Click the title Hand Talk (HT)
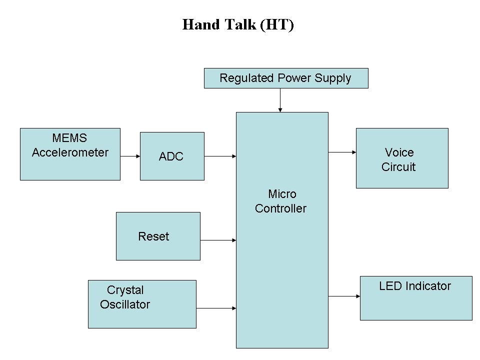238,25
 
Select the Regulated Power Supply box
286,78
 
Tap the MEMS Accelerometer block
70,154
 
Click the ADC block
172,156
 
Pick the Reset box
158,236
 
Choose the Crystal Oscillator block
142,304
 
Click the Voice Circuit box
402,158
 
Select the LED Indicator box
416,298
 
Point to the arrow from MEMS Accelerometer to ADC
130,156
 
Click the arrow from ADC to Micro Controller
220,156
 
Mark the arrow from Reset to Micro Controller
218,240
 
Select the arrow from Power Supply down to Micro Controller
280,100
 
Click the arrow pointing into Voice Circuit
342,152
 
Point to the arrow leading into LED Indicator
344,296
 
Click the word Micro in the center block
282,194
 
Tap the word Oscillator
125,304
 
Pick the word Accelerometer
70,152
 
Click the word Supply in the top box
333,78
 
